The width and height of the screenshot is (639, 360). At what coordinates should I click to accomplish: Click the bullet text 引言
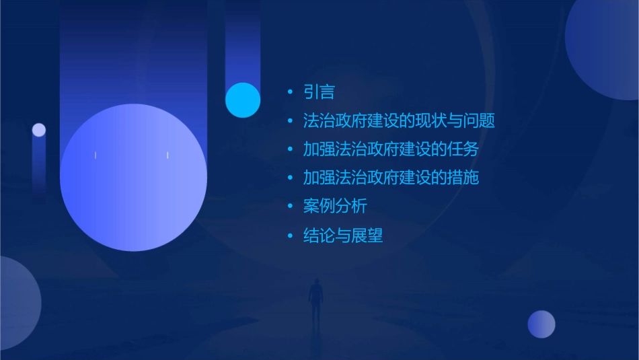click(319, 92)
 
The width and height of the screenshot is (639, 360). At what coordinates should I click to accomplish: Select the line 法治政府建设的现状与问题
click(399, 121)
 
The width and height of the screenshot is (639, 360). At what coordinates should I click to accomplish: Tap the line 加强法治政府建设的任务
click(391, 149)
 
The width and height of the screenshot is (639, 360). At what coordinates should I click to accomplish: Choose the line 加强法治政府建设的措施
click(391, 178)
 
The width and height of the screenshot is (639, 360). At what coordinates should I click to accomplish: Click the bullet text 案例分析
click(335, 207)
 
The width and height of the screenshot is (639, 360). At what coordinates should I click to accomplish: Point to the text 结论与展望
click(343, 236)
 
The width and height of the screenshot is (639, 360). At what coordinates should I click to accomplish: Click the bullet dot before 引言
click(290, 92)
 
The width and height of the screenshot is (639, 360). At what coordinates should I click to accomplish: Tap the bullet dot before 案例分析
click(290, 207)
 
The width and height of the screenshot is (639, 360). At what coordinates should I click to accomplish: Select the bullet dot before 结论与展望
click(290, 236)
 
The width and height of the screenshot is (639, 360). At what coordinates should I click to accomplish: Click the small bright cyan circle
click(243, 100)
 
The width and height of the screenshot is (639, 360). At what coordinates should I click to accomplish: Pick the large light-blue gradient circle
click(133, 178)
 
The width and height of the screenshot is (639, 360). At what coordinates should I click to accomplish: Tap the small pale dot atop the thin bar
click(39, 130)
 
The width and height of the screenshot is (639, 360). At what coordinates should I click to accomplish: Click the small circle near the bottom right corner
click(541, 324)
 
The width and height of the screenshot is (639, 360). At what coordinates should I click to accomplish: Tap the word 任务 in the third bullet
click(463, 149)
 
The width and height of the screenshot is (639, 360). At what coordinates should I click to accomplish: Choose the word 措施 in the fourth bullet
click(463, 178)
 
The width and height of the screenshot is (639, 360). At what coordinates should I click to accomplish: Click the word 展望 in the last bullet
click(367, 236)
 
